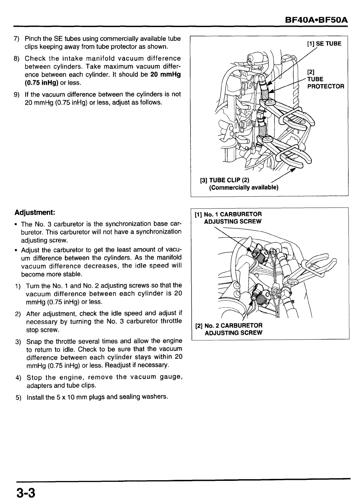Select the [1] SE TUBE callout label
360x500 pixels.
tap(324, 44)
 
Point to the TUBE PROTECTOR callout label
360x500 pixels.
tap(325, 83)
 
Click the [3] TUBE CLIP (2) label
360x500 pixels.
tap(225, 180)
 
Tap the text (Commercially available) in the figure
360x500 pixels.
tap(243, 188)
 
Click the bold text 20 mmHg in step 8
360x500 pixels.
tap(165, 74)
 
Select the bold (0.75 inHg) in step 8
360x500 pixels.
tap(42, 83)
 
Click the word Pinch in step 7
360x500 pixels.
tap(32, 39)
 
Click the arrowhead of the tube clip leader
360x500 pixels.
tap(293, 170)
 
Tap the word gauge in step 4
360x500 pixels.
tap(170, 377)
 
